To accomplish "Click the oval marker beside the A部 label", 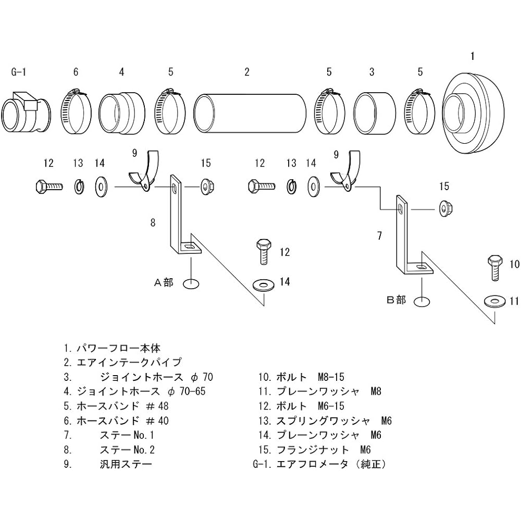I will [x=191, y=283].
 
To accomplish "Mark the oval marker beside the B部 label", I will [x=421, y=301].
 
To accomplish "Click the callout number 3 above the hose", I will [x=371, y=72].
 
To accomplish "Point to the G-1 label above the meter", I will [x=18, y=72].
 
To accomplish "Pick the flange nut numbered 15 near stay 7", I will [x=445, y=207].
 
